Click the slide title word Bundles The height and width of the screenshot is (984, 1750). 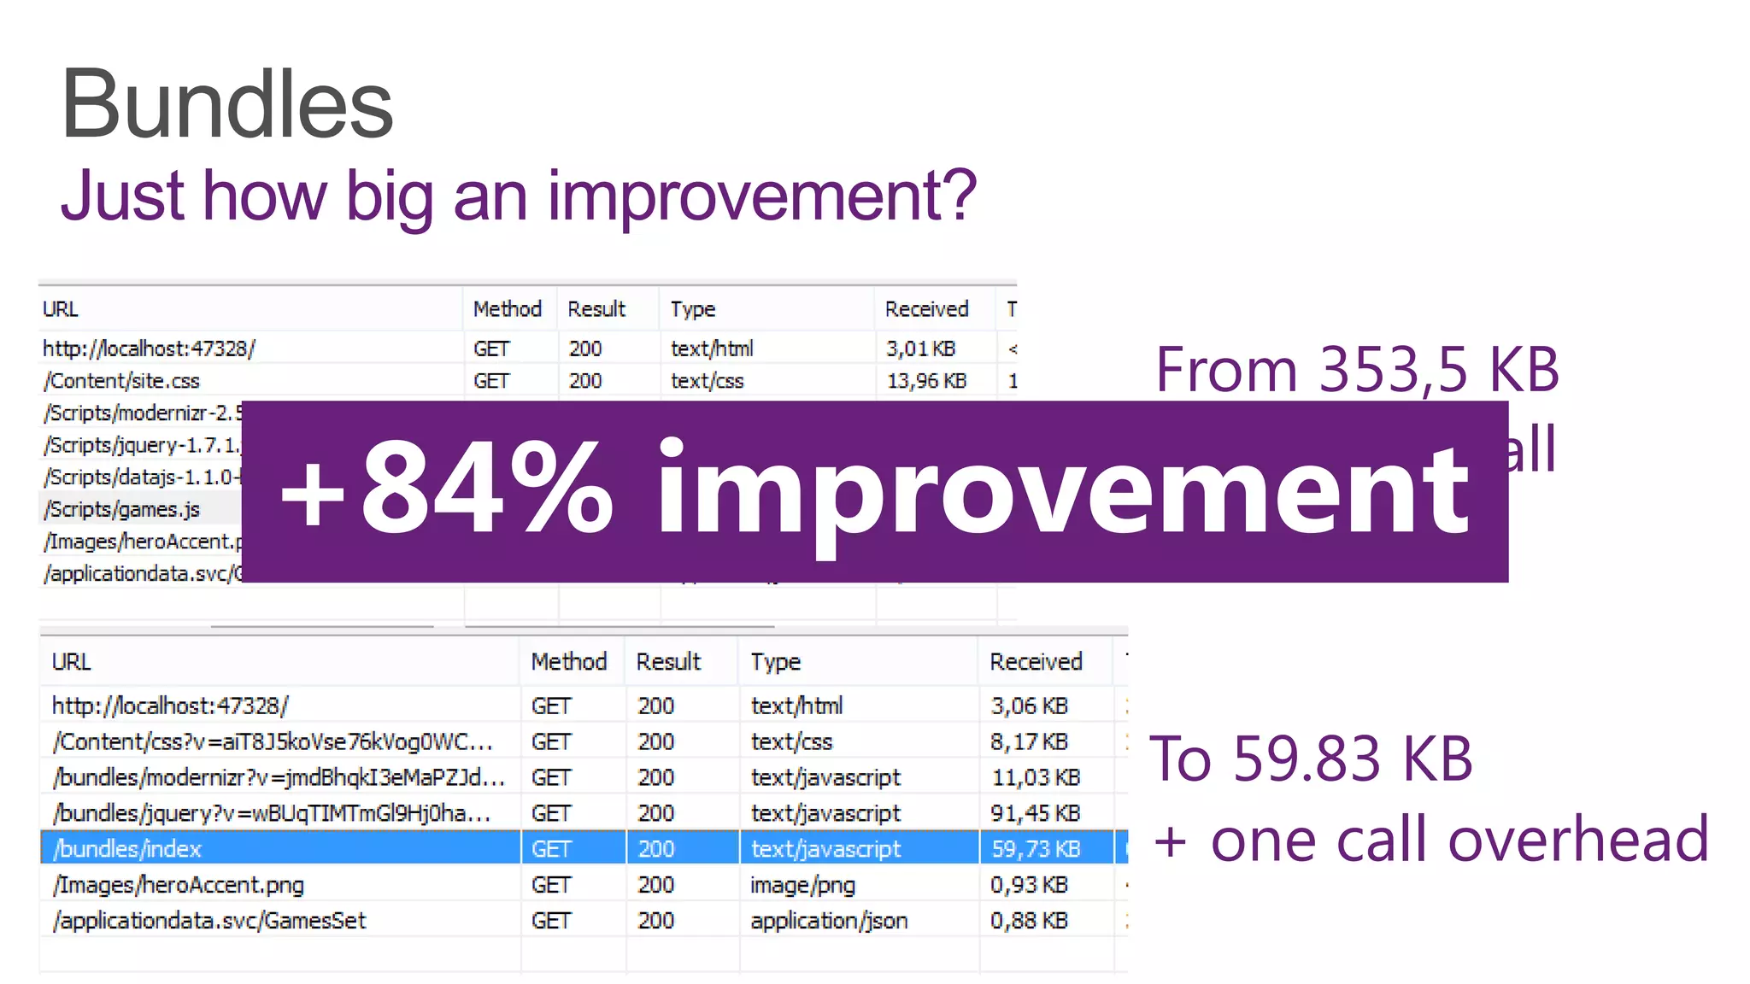[x=226, y=105]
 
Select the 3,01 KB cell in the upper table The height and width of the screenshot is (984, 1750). [x=920, y=348]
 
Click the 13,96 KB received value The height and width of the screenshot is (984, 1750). [x=926, y=381]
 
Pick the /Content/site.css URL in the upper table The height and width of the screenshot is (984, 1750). [x=121, y=381]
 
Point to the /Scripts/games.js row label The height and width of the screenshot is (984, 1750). [x=123, y=510]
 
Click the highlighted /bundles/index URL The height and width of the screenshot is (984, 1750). [x=127, y=849]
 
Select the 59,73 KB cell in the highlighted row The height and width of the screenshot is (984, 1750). [x=1036, y=849]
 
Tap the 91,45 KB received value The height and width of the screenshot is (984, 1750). [x=1036, y=813]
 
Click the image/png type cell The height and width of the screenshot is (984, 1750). [x=802, y=885]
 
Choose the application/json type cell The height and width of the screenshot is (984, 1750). [x=829, y=921]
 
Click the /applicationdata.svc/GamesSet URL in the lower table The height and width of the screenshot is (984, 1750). [x=209, y=921]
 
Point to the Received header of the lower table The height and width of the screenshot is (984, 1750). [x=1036, y=662]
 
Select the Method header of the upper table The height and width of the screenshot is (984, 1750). [x=508, y=309]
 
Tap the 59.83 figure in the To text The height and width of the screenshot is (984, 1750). [x=1307, y=758]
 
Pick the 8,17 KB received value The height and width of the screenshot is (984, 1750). [x=1029, y=741]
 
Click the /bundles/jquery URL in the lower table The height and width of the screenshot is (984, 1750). [x=272, y=813]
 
